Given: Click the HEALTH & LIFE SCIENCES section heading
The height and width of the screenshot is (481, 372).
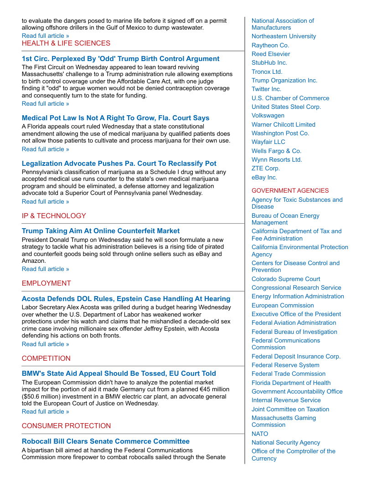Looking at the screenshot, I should click(x=66, y=43).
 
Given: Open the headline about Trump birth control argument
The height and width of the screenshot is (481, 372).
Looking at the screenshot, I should click(x=120, y=59).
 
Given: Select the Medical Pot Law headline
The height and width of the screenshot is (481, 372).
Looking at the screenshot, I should click(x=115, y=118).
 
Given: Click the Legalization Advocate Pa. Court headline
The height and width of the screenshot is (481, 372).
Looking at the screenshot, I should click(x=119, y=164).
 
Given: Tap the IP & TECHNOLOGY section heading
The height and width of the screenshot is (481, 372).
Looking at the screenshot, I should click(x=54, y=216).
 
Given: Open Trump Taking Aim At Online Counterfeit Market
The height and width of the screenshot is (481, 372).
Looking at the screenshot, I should click(x=101, y=231).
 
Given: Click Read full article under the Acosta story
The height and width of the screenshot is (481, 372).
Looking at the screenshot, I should click(x=46, y=344).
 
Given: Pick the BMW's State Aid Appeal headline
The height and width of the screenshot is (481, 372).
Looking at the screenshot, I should click(x=119, y=374).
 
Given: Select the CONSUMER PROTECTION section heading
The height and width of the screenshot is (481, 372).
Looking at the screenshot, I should click(x=66, y=426).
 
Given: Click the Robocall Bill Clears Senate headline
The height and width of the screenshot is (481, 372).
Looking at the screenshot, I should click(x=106, y=441).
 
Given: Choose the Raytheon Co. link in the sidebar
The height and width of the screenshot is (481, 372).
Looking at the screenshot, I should click(x=270, y=45).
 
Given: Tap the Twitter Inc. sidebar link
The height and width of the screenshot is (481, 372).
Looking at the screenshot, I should click(x=266, y=89).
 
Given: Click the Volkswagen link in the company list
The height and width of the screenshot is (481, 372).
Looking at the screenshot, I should click(x=268, y=116).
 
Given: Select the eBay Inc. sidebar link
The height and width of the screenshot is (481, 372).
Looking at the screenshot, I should click(x=264, y=178).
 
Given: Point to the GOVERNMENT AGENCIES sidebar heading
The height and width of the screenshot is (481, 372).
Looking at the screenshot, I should click(x=290, y=191).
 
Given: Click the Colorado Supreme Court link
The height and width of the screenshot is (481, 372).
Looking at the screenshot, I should click(x=286, y=279).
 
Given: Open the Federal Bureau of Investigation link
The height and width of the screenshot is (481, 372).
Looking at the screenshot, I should click(x=294, y=332).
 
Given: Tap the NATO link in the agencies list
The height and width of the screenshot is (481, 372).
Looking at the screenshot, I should click(x=260, y=434).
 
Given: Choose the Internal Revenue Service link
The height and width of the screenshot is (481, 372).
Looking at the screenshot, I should click(x=286, y=400).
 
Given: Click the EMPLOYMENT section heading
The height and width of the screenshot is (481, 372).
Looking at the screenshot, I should click(x=46, y=283).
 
